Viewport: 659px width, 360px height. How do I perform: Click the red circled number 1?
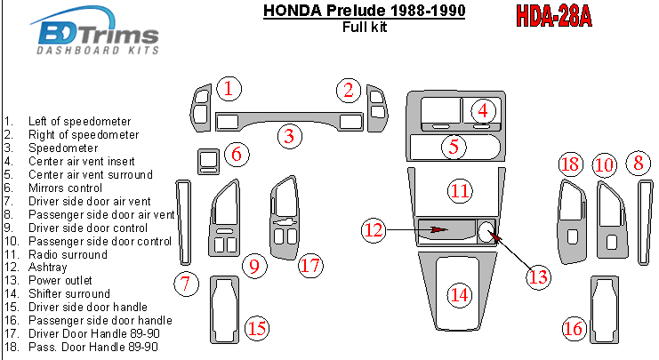point(229,88)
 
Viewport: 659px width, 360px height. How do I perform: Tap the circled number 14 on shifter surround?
point(458,293)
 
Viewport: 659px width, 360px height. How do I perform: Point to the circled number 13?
point(538,276)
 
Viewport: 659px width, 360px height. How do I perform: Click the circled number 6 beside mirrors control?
point(236,154)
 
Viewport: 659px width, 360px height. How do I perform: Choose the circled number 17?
point(309,264)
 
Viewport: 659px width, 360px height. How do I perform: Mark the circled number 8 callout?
point(637,163)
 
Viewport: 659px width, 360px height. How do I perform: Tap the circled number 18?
point(570,164)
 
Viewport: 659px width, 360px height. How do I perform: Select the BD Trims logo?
point(97,36)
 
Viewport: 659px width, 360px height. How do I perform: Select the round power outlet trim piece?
point(486,232)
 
